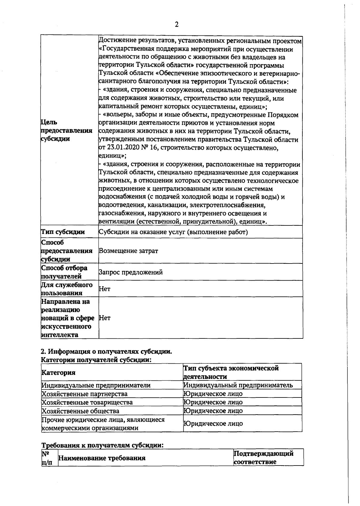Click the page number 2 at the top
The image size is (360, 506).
pos(176,25)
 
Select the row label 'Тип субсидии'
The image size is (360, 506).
pos(63,232)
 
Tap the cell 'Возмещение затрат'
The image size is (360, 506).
pos(128,251)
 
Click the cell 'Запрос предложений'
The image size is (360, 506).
pos(131,272)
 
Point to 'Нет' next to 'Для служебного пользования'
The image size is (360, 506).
pos(104,289)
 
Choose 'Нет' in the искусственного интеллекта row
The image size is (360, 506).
pos(104,318)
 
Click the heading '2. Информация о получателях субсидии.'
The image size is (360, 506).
pos(106,352)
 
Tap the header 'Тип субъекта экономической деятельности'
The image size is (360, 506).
pos(231,372)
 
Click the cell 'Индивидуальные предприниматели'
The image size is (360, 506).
pos(96,385)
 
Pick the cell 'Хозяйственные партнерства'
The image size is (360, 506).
pos(84,394)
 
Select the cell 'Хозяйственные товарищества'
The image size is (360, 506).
pos(87,402)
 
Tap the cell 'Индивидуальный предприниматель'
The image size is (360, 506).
pos(238,385)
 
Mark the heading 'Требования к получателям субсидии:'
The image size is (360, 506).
pos(102,445)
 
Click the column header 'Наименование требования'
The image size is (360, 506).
pos(102,458)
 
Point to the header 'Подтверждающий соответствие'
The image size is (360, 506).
pos(263,458)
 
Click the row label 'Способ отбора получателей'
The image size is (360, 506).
pos(64,272)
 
